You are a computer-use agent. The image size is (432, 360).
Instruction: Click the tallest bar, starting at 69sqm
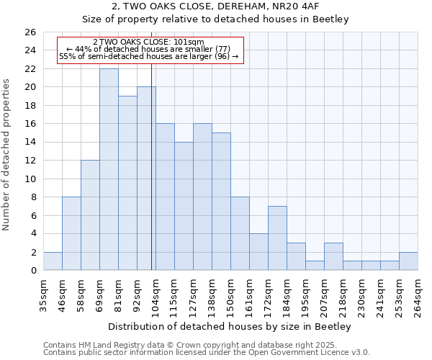[109, 169]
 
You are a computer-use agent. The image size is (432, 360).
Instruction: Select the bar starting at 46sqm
[71, 233]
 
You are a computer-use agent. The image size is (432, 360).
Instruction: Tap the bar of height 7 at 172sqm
[277, 238]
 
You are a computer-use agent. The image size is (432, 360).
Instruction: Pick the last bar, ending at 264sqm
[408, 261]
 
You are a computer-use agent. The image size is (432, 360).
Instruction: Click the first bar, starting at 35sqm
[53, 261]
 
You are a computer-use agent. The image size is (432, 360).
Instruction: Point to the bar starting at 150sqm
[240, 233]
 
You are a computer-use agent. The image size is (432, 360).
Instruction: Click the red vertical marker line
[151, 180]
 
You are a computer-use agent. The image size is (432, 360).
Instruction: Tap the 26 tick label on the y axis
[30, 32]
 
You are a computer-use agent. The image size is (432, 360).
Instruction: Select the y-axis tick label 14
[30, 143]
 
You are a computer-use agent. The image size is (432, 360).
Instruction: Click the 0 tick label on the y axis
[32, 271]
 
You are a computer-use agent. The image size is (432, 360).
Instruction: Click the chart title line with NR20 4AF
[230, 6]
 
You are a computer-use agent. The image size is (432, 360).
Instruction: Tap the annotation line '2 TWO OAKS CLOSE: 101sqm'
[149, 42]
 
